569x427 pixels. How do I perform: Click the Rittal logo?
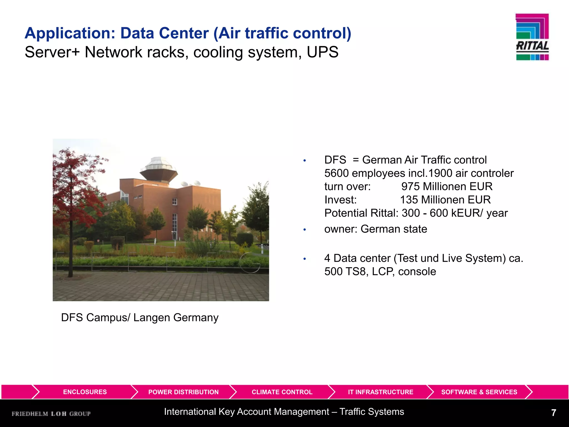(532, 37)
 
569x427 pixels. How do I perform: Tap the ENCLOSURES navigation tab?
(85, 392)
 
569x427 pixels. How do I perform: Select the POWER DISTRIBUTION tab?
(183, 392)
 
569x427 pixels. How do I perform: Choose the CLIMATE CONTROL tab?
(282, 392)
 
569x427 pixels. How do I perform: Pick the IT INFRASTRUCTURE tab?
(380, 392)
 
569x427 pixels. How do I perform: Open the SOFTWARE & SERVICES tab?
(479, 392)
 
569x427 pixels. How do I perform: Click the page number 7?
(553, 413)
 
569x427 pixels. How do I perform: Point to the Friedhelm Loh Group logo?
(51, 414)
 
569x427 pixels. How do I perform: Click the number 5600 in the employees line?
(336, 173)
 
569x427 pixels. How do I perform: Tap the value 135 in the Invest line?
(409, 200)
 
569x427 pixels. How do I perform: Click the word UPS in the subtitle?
(323, 52)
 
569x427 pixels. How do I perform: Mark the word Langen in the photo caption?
(151, 317)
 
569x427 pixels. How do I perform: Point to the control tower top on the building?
(158, 168)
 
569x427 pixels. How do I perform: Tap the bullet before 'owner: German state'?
(305, 230)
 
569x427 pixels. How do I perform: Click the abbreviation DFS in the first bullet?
(335, 160)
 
